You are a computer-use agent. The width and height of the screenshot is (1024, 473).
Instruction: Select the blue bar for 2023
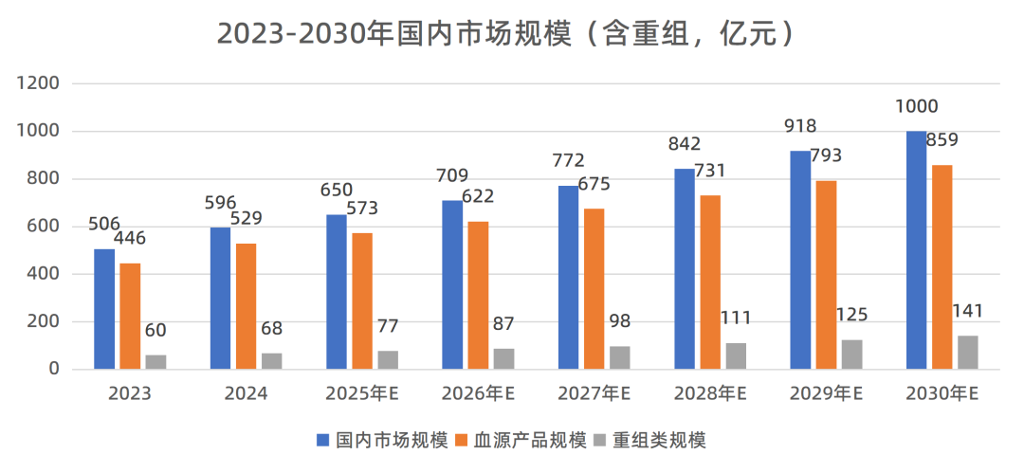104,309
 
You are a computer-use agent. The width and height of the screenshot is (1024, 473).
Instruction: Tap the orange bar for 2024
247,306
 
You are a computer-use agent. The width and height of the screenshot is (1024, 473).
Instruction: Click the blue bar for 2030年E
917,250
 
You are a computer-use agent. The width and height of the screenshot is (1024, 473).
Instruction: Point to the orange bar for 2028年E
710,282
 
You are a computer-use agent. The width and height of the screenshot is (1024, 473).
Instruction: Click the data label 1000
917,107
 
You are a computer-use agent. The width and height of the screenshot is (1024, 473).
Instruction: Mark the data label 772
569,161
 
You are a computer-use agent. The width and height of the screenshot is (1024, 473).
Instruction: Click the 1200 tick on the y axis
40,83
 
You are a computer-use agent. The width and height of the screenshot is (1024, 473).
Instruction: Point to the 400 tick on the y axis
45,274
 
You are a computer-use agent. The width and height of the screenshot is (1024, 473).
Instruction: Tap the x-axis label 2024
246,393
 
